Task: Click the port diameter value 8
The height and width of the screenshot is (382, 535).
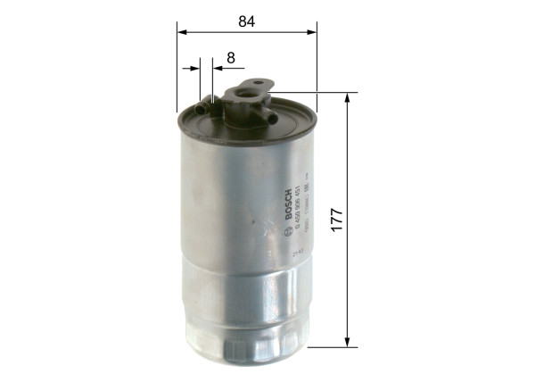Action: click(x=230, y=58)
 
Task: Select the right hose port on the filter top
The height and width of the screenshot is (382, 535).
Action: click(x=266, y=118)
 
